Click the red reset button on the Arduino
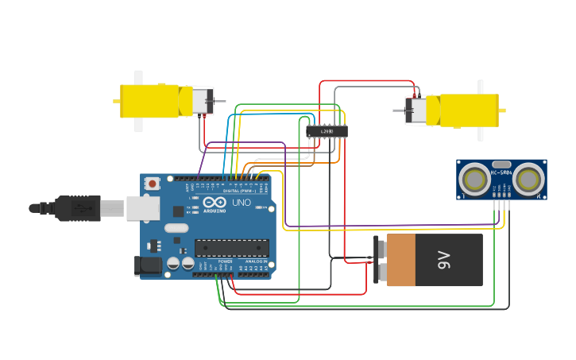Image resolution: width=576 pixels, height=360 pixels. tap(152, 184)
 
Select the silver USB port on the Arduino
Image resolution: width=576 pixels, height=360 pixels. tap(143, 208)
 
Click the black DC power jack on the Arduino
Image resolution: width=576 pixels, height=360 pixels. tap(149, 265)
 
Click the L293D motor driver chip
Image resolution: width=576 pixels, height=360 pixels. tap(327, 131)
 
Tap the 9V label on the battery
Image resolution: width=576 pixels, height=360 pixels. tap(443, 260)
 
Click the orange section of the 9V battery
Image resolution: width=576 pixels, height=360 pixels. tap(400, 260)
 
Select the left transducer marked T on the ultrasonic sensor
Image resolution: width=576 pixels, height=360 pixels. tap(474, 180)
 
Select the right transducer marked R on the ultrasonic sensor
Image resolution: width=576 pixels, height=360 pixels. tap(528, 180)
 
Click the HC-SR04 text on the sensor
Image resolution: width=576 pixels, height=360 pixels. tap(501, 172)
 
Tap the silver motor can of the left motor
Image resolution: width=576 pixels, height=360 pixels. tap(202, 101)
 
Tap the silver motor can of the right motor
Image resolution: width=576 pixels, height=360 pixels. tap(416, 110)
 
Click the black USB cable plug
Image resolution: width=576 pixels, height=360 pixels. tap(75, 208)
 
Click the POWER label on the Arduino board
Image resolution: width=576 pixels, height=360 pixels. tap(226, 261)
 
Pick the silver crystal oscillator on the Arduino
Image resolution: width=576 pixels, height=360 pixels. tap(177, 228)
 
